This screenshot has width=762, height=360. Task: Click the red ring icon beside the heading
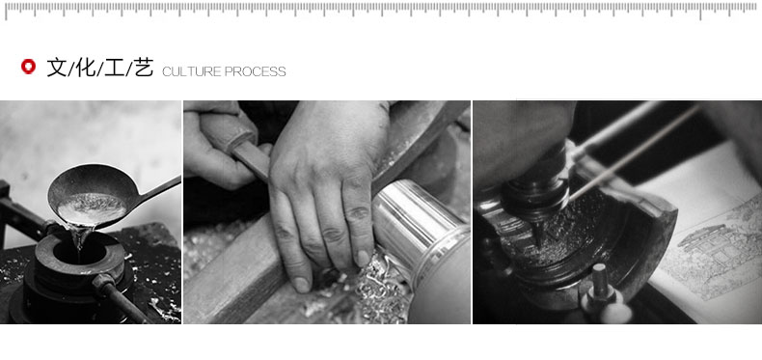[x=28, y=67]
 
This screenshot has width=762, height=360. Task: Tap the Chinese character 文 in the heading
[x=57, y=68]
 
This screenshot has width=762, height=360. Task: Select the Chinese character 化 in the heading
[x=86, y=68]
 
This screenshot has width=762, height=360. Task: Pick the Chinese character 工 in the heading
[x=115, y=68]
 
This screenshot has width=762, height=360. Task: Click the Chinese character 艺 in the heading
[x=144, y=68]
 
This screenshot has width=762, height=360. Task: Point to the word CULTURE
[x=192, y=72]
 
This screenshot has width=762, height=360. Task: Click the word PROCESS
[x=256, y=72]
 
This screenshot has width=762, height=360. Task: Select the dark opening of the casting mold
[x=79, y=253]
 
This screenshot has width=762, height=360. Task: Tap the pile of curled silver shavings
[x=376, y=291]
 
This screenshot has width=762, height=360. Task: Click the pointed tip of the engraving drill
[x=538, y=245]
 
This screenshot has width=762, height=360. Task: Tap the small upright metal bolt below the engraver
[x=599, y=283]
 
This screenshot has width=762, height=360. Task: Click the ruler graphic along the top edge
[x=381, y=10]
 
